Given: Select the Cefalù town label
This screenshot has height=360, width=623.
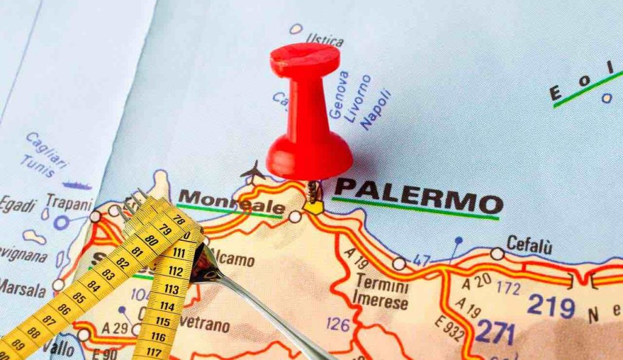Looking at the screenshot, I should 529,245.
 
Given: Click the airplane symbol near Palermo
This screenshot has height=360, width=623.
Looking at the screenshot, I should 252,171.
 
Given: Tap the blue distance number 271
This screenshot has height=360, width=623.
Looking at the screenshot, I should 495,332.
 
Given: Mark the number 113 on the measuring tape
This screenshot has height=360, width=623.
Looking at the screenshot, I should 172,289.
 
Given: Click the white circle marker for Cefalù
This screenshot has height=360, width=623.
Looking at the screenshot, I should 497,254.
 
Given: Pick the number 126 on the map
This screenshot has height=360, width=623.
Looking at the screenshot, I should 338,324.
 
